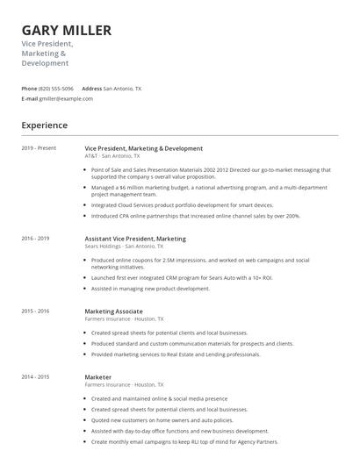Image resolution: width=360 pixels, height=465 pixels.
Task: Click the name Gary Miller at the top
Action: click(67, 31)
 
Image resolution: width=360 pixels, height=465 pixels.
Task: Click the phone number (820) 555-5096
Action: click(56, 89)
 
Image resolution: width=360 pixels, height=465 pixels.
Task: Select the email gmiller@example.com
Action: click(66, 98)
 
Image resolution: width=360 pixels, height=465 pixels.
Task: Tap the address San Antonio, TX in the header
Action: click(122, 89)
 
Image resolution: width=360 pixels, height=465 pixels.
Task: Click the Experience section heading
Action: click(44, 125)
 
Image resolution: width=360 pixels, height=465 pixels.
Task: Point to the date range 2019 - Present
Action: click(39, 148)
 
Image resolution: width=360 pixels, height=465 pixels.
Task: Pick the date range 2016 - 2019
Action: click(35, 238)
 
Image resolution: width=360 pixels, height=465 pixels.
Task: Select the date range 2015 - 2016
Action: click(35, 311)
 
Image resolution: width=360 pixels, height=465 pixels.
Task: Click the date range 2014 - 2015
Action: click(35, 376)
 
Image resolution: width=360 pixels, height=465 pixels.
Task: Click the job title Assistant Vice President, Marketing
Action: click(135, 239)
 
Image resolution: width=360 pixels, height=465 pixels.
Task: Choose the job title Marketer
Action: click(97, 377)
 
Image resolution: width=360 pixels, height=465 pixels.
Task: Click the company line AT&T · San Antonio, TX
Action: click(113, 156)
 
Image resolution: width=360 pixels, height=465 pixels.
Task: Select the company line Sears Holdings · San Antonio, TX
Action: click(124, 247)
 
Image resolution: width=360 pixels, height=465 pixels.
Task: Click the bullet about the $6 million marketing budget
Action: click(208, 190)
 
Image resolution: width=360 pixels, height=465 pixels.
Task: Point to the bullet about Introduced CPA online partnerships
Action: click(195, 215)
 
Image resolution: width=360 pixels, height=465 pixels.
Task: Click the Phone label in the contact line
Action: click(29, 89)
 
